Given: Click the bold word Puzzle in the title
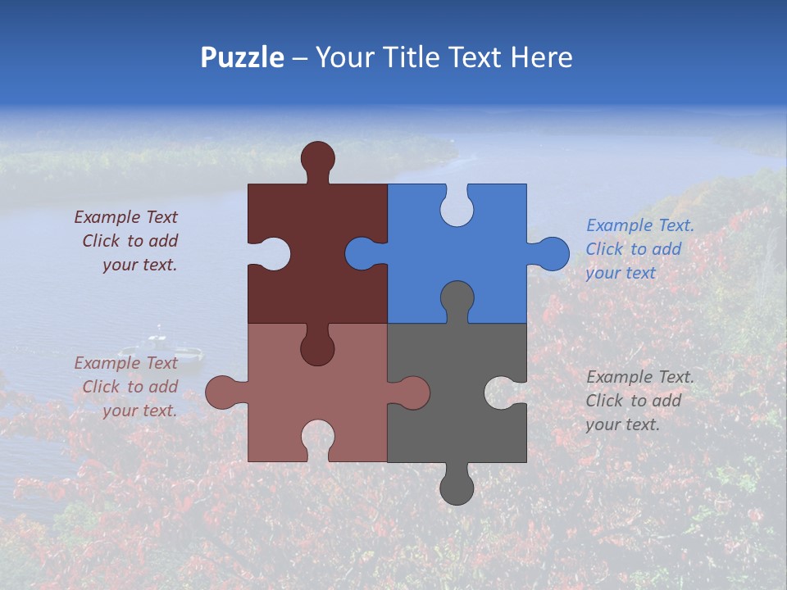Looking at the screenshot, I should [x=242, y=57].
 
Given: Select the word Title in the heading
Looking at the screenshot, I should [x=412, y=57].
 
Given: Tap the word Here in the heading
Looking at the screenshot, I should [x=540, y=57].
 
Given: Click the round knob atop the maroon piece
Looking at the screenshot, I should [x=317, y=157].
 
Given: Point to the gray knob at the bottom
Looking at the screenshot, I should [x=457, y=488].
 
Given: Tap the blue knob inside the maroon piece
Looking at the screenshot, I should [x=362, y=253].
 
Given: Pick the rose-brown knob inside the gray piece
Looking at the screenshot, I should [x=412, y=393].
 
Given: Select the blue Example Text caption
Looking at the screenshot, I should [x=639, y=249].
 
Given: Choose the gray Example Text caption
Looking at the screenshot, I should [x=639, y=401].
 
